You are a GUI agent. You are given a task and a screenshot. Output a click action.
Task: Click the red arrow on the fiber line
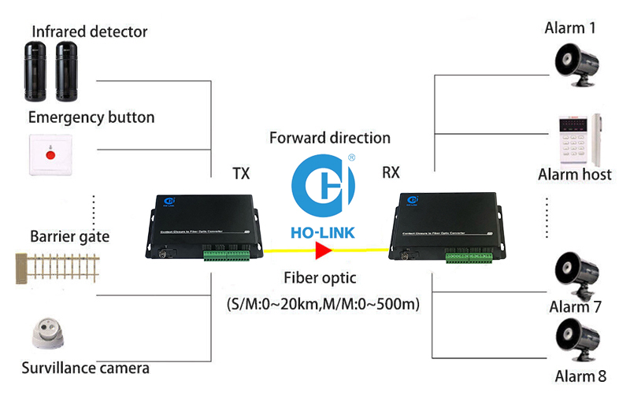coord(322,251)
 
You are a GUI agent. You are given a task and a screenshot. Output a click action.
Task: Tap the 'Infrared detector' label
coord(89,32)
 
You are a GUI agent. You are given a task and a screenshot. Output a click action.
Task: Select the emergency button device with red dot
coord(50,154)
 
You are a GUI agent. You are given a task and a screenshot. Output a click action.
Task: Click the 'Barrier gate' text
coord(70,236)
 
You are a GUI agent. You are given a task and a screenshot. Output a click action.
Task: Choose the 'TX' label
coord(241,173)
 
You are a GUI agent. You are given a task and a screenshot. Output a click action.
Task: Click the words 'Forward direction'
coord(330,138)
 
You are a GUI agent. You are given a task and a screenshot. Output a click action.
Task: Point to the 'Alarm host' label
coord(574,174)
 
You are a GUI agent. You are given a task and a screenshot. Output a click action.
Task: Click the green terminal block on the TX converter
coord(227,254)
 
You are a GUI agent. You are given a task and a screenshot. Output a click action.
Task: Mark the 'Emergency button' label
coord(91,118)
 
